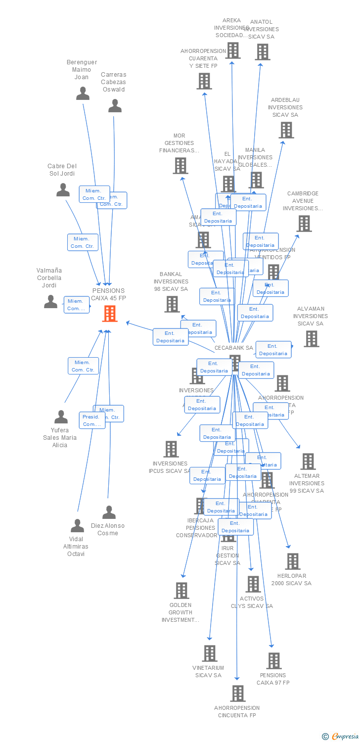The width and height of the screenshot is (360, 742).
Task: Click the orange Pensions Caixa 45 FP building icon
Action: [110, 314]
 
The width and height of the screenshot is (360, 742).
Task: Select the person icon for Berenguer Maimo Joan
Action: [83, 93]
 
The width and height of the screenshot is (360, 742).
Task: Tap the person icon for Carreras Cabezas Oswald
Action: [115, 106]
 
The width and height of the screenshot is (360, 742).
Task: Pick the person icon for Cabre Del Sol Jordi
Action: [63, 190]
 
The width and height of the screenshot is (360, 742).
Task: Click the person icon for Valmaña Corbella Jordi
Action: [50, 302]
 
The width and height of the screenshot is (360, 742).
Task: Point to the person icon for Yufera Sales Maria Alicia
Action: [61, 417]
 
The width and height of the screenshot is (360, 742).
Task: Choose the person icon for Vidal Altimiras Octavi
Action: [77, 526]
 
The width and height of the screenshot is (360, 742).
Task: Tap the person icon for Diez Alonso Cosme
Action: [109, 512]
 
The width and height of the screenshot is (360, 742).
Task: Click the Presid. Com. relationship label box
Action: [92, 420]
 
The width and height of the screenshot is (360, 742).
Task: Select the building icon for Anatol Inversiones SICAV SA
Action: [263, 52]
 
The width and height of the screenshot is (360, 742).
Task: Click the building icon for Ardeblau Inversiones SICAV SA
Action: [286, 130]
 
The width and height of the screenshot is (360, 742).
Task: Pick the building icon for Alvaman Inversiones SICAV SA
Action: [311, 339]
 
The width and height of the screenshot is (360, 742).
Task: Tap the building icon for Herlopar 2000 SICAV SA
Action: [292, 561]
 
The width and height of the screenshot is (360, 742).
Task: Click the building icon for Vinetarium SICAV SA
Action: [209, 653]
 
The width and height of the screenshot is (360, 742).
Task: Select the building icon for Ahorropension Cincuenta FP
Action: [237, 694]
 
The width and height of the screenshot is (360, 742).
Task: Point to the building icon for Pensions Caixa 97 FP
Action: [273, 661]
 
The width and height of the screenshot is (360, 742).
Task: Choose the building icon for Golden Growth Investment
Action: [181, 591]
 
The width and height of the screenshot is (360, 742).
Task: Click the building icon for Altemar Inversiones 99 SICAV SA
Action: [308, 462]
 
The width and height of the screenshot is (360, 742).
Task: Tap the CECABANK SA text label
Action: [233, 348]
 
